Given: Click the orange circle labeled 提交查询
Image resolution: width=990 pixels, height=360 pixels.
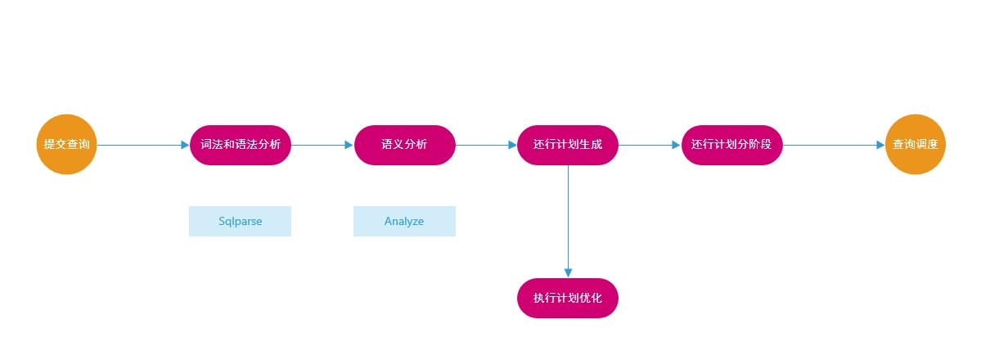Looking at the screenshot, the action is coord(67,145).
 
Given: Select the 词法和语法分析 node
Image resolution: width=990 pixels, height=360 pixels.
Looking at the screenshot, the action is coord(241,145).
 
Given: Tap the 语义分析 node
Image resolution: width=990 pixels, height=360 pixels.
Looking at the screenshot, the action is coord(405,145).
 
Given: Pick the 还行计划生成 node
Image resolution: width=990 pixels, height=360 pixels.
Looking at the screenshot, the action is coord(568,145).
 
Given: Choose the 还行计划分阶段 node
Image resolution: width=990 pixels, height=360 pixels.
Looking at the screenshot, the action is coord(732,145).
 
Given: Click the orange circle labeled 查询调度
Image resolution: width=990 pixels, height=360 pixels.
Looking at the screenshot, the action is coord(916,145).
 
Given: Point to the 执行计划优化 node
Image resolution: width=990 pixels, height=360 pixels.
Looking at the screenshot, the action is coord(568,298).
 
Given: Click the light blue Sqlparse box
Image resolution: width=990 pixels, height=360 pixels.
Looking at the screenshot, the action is coord(240,221).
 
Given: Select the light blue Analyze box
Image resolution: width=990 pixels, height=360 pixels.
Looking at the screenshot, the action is coord(404,221).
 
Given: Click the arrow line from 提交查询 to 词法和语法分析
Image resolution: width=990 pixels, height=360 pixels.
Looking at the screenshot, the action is coord(143,145).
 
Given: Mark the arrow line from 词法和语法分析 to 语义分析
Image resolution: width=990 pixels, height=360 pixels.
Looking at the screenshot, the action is coord(322,145).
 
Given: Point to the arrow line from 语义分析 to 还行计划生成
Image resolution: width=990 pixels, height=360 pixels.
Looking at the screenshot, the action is coord(486,145).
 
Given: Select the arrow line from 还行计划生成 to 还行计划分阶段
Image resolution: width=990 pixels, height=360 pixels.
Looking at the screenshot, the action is coord(650,145).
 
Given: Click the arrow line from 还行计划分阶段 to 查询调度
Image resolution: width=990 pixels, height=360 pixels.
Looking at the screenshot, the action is coord(834,145).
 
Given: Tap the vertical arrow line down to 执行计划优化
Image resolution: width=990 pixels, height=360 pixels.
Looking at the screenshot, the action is coord(569,221).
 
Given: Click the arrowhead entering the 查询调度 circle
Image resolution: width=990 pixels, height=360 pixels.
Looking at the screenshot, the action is coord(880,145).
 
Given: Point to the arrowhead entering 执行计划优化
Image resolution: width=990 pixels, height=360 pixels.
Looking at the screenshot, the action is coord(569,273).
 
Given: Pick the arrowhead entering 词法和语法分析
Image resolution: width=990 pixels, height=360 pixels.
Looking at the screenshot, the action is coord(185,145).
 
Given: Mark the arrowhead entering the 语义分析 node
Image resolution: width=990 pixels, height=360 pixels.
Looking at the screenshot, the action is coord(349,145).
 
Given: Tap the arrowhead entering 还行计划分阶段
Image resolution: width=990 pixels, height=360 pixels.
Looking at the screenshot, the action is coord(676,145).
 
